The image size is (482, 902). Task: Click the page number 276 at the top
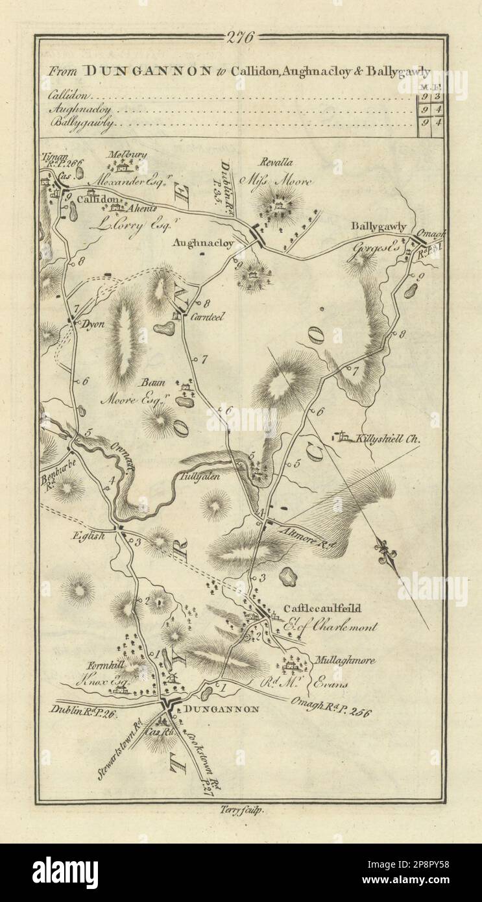(x=241, y=37)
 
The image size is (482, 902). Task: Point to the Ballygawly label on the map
(x=379, y=226)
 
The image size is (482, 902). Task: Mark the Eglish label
(x=84, y=536)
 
